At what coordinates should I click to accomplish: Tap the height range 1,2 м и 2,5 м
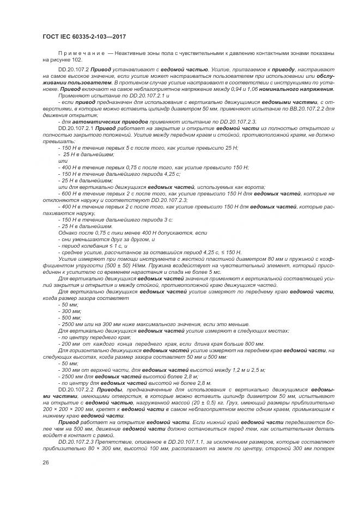pyautogui.click(x=248, y=370)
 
